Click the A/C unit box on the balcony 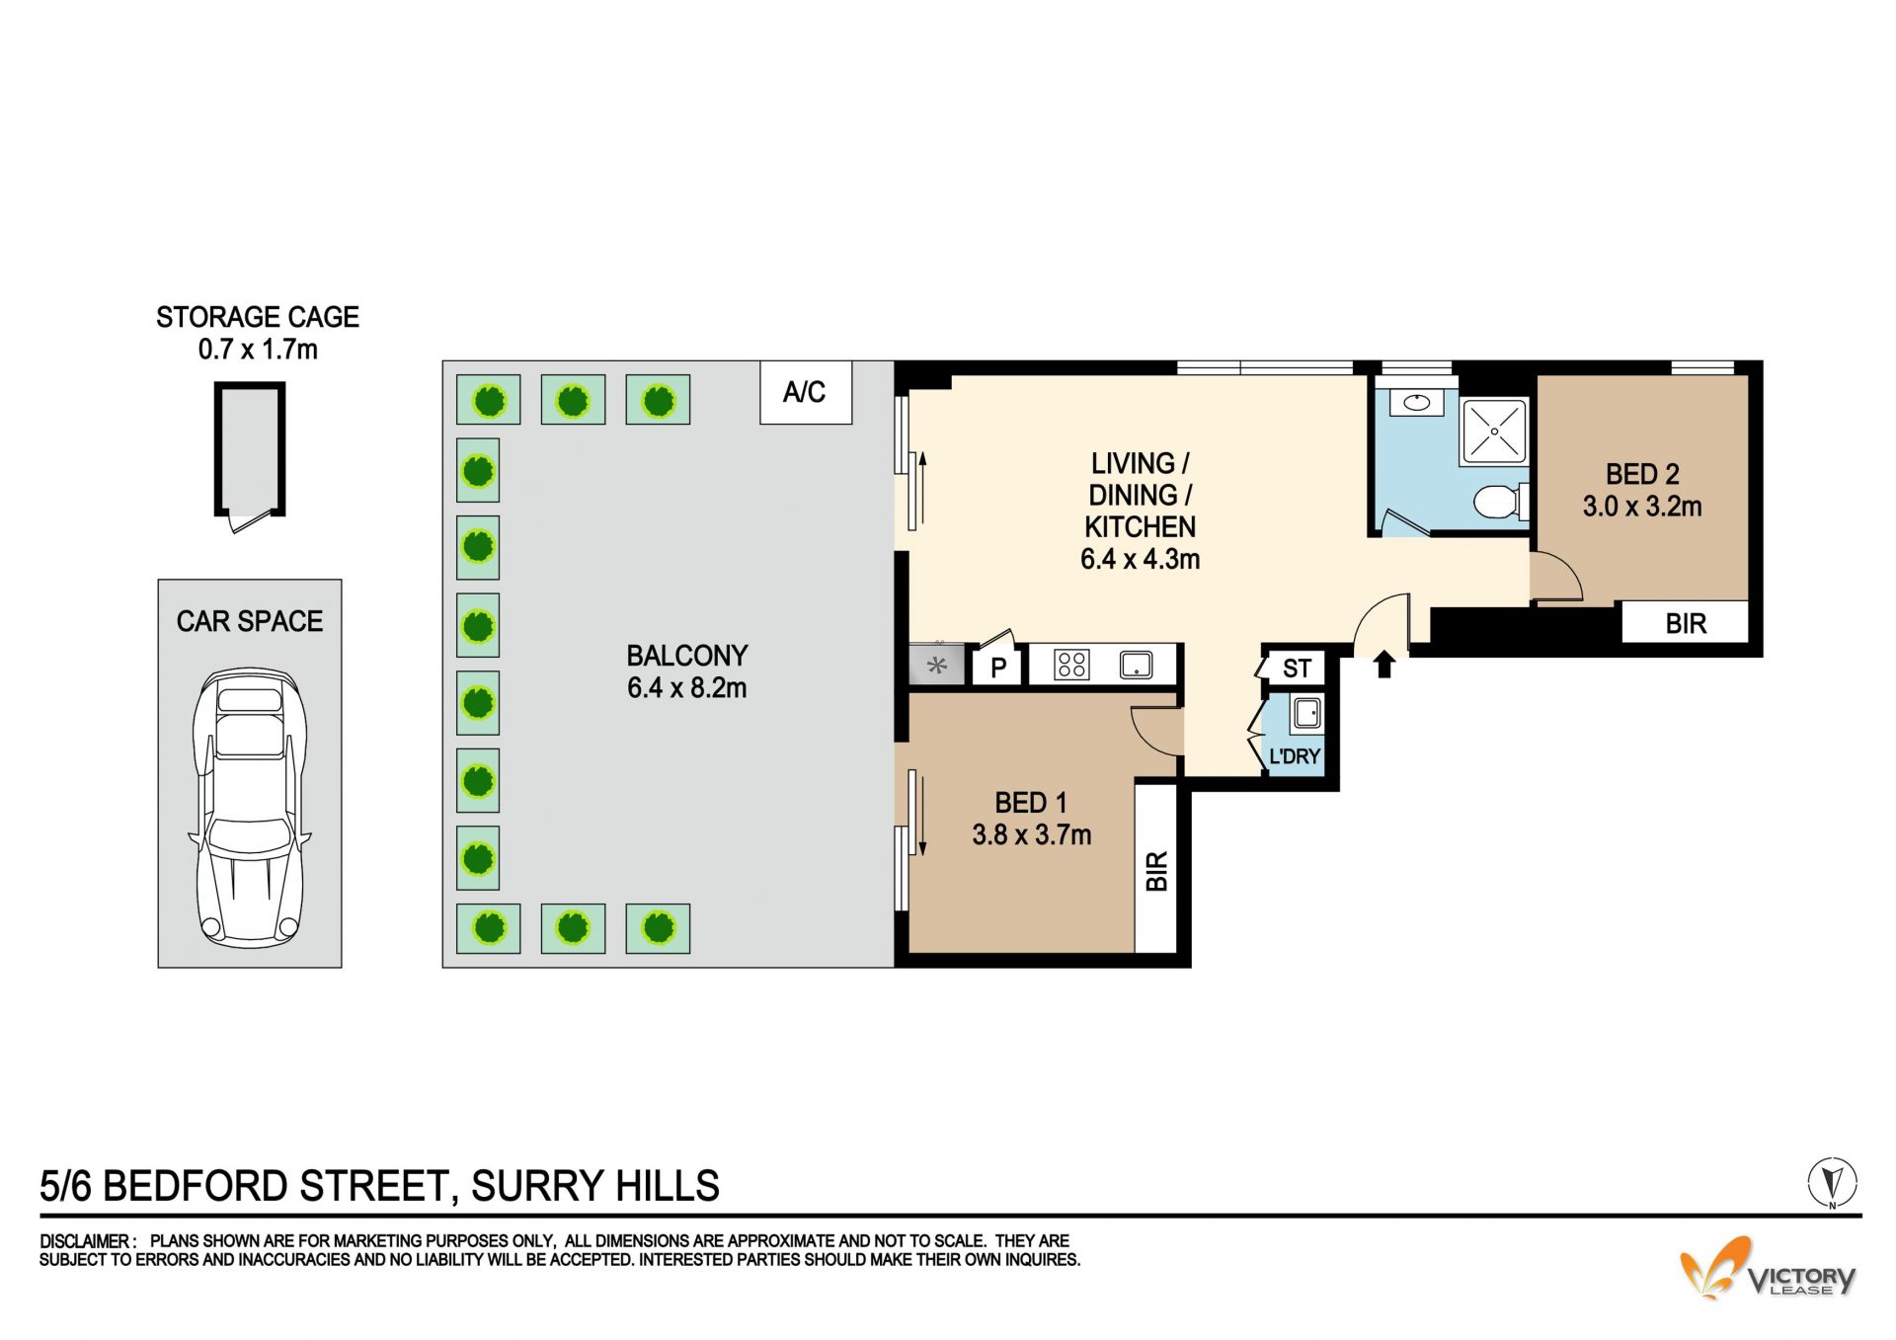806,392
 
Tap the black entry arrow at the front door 1384,664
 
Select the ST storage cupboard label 1297,669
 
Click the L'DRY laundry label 1295,756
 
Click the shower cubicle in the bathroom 1494,432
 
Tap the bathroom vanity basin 1417,402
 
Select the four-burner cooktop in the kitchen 1071,665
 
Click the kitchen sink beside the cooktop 1137,665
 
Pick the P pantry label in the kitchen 998,668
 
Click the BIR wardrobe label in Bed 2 1686,624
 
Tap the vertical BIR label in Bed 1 1157,871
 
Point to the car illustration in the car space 249,806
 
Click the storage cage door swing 250,519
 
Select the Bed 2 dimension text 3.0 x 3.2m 1642,507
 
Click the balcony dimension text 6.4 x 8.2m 687,688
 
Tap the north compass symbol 1833,1182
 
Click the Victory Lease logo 1769,1269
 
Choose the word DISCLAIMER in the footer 85,1241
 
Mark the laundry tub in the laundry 1306,713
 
